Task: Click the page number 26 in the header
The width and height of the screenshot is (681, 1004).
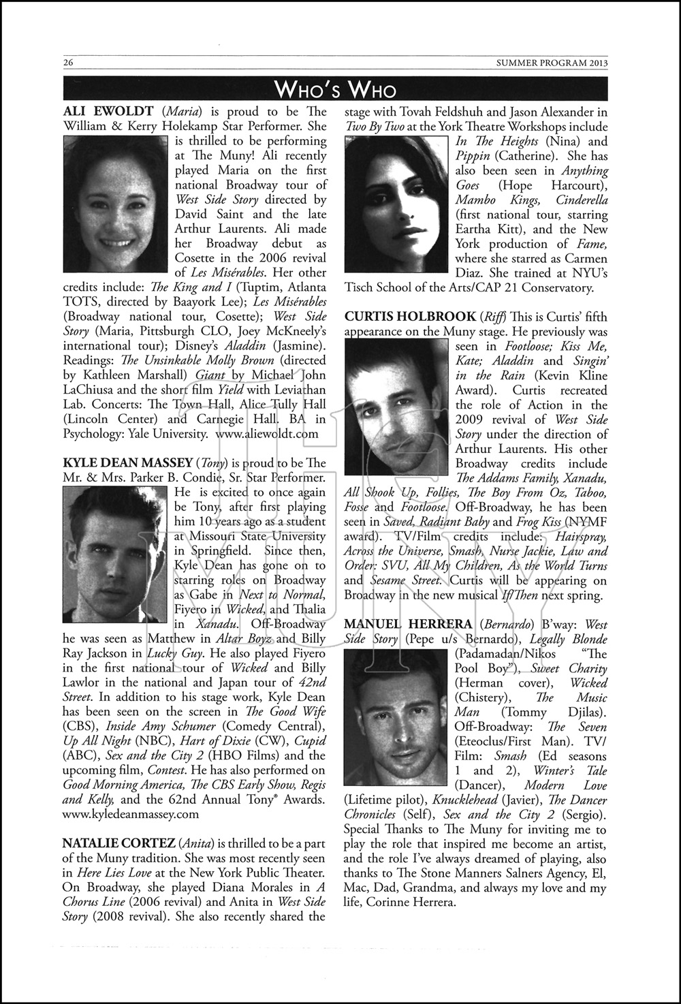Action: pos(68,63)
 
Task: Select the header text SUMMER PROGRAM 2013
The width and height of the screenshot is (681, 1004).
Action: pos(552,63)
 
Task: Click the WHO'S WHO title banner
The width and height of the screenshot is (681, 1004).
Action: pos(335,89)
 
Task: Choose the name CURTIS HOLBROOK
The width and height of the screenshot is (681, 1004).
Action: pos(410,316)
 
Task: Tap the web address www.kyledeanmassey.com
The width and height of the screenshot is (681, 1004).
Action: pos(130,813)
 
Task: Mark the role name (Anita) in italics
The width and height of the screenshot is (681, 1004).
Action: pos(195,843)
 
